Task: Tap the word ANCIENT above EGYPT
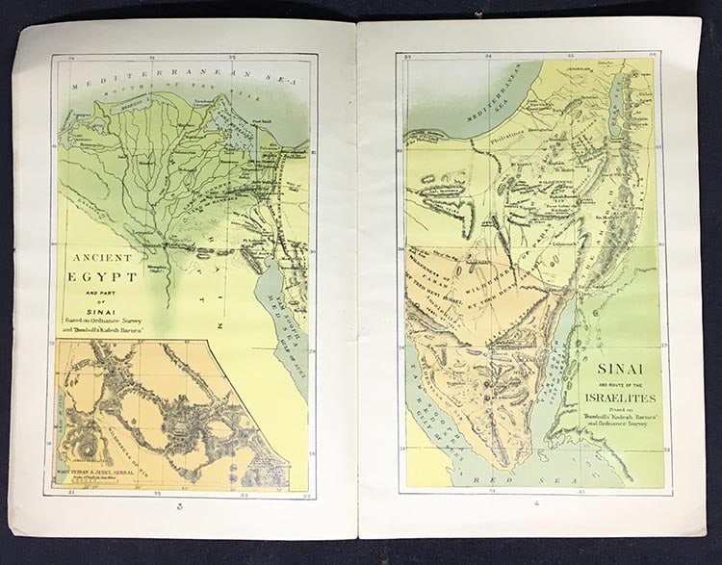[103, 258]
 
